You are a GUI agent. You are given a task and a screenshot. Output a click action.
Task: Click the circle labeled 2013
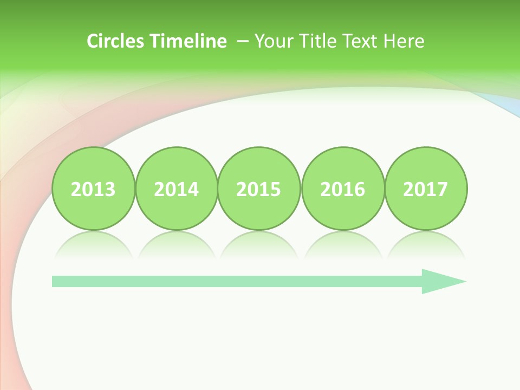coord(93,188)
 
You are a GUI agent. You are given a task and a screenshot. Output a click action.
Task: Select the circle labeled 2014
coord(177,188)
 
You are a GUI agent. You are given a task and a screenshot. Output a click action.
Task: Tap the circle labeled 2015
coord(259,188)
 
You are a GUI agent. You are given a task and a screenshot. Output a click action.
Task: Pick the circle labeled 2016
coord(343,188)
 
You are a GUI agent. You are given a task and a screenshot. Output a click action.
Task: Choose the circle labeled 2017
coord(426,188)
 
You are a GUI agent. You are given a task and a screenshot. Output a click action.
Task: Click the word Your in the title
coord(271,41)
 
